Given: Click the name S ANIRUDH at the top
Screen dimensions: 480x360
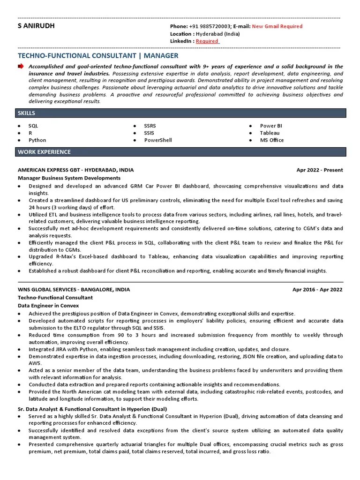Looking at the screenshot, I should coord(36,26).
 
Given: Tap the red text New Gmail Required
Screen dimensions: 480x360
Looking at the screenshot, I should coord(277,27).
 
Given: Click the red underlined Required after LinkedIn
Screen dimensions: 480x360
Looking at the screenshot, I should coord(207,41).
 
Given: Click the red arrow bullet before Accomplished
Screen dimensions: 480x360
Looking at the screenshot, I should coord(21,67).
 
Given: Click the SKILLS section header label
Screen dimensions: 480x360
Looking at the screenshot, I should coord(26,113).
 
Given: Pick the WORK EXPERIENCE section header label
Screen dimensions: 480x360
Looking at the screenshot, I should coord(44,152).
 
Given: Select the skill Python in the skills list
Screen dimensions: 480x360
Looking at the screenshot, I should coord(37,140).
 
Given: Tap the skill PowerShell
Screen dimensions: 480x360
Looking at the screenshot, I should coord(158,140).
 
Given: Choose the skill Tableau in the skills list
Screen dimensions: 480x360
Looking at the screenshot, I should coord(270,133).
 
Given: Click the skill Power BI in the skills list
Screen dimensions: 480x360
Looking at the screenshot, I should coord(271,126).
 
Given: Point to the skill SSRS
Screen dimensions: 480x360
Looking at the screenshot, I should coord(150,126).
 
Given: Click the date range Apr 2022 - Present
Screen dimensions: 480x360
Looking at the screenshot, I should coord(319,170).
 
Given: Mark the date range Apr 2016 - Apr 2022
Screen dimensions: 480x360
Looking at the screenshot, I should coord(317,290).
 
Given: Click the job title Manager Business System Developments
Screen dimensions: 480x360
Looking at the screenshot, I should coord(69,178).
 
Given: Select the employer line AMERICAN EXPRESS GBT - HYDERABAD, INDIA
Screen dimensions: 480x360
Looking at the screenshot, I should coord(75,170).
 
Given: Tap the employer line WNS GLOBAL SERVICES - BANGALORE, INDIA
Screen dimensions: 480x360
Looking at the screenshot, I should coord(74,290).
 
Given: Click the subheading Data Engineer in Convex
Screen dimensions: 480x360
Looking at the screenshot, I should coord(48,305).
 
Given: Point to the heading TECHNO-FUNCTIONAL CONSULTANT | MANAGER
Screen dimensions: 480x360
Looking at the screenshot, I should coord(98,56).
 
